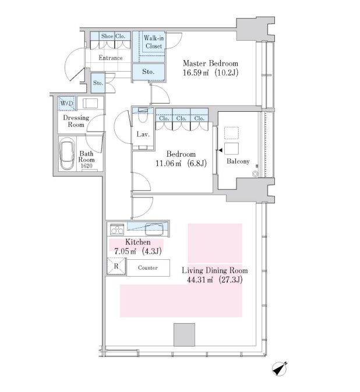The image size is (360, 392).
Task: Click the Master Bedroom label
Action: click(x=210, y=63)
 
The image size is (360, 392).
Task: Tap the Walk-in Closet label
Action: click(x=154, y=42)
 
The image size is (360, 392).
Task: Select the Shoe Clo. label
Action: click(x=113, y=36)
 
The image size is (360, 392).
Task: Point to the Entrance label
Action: click(x=111, y=58)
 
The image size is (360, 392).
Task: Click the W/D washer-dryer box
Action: click(x=67, y=103)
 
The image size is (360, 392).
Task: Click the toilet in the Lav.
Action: click(x=143, y=115)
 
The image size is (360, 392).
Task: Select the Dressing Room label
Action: click(x=76, y=121)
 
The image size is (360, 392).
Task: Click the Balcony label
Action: click(x=238, y=161)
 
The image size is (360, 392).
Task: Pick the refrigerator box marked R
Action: click(x=116, y=267)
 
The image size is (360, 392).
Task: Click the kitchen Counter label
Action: click(x=148, y=268)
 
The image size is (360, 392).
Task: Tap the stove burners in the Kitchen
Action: click(x=117, y=229)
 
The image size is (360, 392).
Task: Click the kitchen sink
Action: click(x=154, y=229)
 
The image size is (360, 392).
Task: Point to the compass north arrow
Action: click(x=280, y=369)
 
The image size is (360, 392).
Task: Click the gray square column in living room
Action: click(x=184, y=334)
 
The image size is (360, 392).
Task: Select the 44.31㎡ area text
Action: click(x=200, y=280)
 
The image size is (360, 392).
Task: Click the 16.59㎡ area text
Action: click(x=196, y=72)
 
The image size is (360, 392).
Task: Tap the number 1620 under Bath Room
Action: click(x=86, y=166)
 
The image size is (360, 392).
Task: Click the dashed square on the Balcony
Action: click(x=231, y=133)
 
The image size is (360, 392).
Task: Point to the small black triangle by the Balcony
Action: click(x=220, y=150)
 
